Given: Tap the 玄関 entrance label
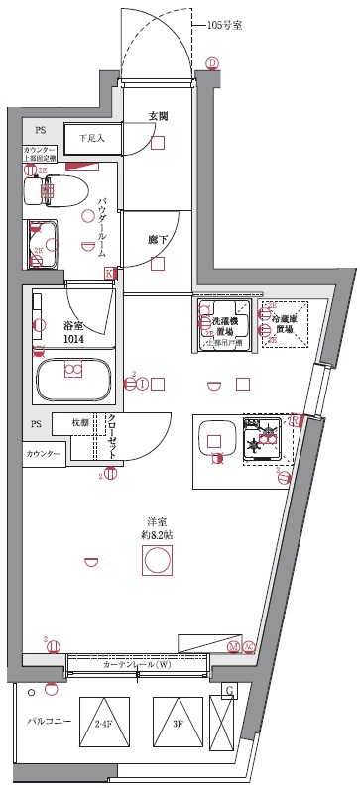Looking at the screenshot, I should [x=158, y=116].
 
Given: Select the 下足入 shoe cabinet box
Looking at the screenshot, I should [x=90, y=138].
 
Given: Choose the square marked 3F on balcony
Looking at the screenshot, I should [x=177, y=723].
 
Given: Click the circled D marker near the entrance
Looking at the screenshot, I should [x=211, y=63].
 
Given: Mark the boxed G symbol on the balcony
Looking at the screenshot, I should [x=230, y=690].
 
